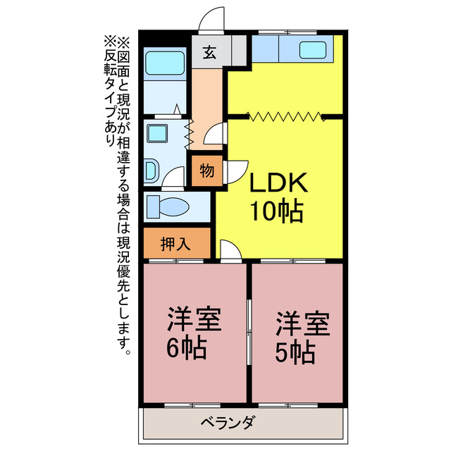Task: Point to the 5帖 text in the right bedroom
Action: [x=295, y=351]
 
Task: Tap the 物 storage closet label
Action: [x=206, y=171]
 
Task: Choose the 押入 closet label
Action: [x=175, y=244]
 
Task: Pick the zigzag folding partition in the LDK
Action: [x=285, y=116]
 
